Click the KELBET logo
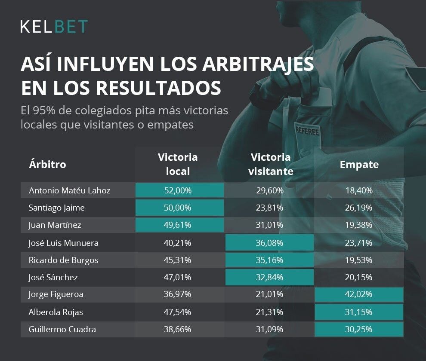click(x=54, y=26)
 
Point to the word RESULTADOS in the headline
click(x=158, y=88)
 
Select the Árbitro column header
click(x=47, y=164)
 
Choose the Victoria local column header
click(x=178, y=164)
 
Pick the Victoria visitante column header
click(x=271, y=164)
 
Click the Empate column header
click(x=359, y=164)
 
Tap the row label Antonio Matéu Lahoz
click(x=69, y=190)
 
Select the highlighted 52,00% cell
click(x=179, y=190)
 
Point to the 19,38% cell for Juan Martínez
click(x=359, y=225)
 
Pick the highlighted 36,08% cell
click(x=270, y=243)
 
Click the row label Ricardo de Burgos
click(x=63, y=260)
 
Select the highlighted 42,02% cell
click(x=359, y=295)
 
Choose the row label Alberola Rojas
click(x=56, y=312)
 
